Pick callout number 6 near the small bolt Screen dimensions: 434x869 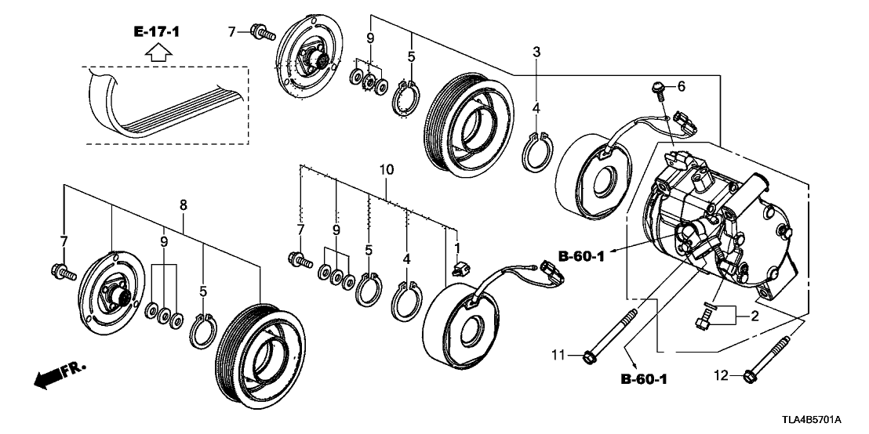pyautogui.click(x=681, y=85)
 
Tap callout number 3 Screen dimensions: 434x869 pyautogui.click(x=536, y=52)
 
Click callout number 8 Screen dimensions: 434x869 pyautogui.click(x=184, y=205)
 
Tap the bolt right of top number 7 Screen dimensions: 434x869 pyautogui.click(x=262, y=33)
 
